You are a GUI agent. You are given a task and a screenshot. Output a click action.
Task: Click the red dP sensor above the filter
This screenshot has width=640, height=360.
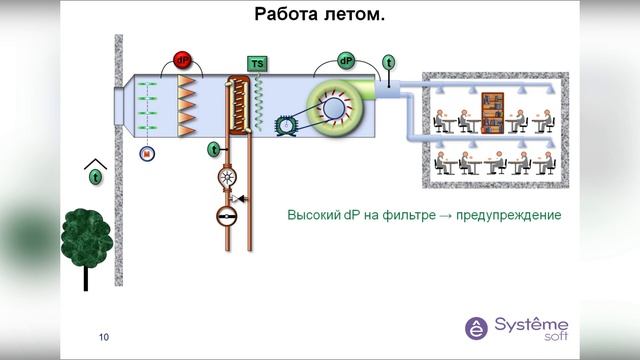pyautogui.click(x=183, y=59)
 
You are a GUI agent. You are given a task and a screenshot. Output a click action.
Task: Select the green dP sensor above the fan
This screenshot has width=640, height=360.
pyautogui.click(x=346, y=61)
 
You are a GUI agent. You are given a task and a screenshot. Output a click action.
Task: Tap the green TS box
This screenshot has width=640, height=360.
pyautogui.click(x=257, y=64)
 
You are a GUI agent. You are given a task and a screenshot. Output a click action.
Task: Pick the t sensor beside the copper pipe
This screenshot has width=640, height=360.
pyautogui.click(x=213, y=150)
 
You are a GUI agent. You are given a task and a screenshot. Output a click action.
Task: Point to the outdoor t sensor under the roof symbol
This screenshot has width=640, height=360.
pyautogui.click(x=96, y=177)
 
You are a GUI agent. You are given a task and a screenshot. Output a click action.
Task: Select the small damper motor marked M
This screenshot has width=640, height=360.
pyautogui.click(x=147, y=153)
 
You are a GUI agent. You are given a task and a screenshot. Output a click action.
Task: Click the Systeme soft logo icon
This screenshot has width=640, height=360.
pyautogui.click(x=477, y=328)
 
